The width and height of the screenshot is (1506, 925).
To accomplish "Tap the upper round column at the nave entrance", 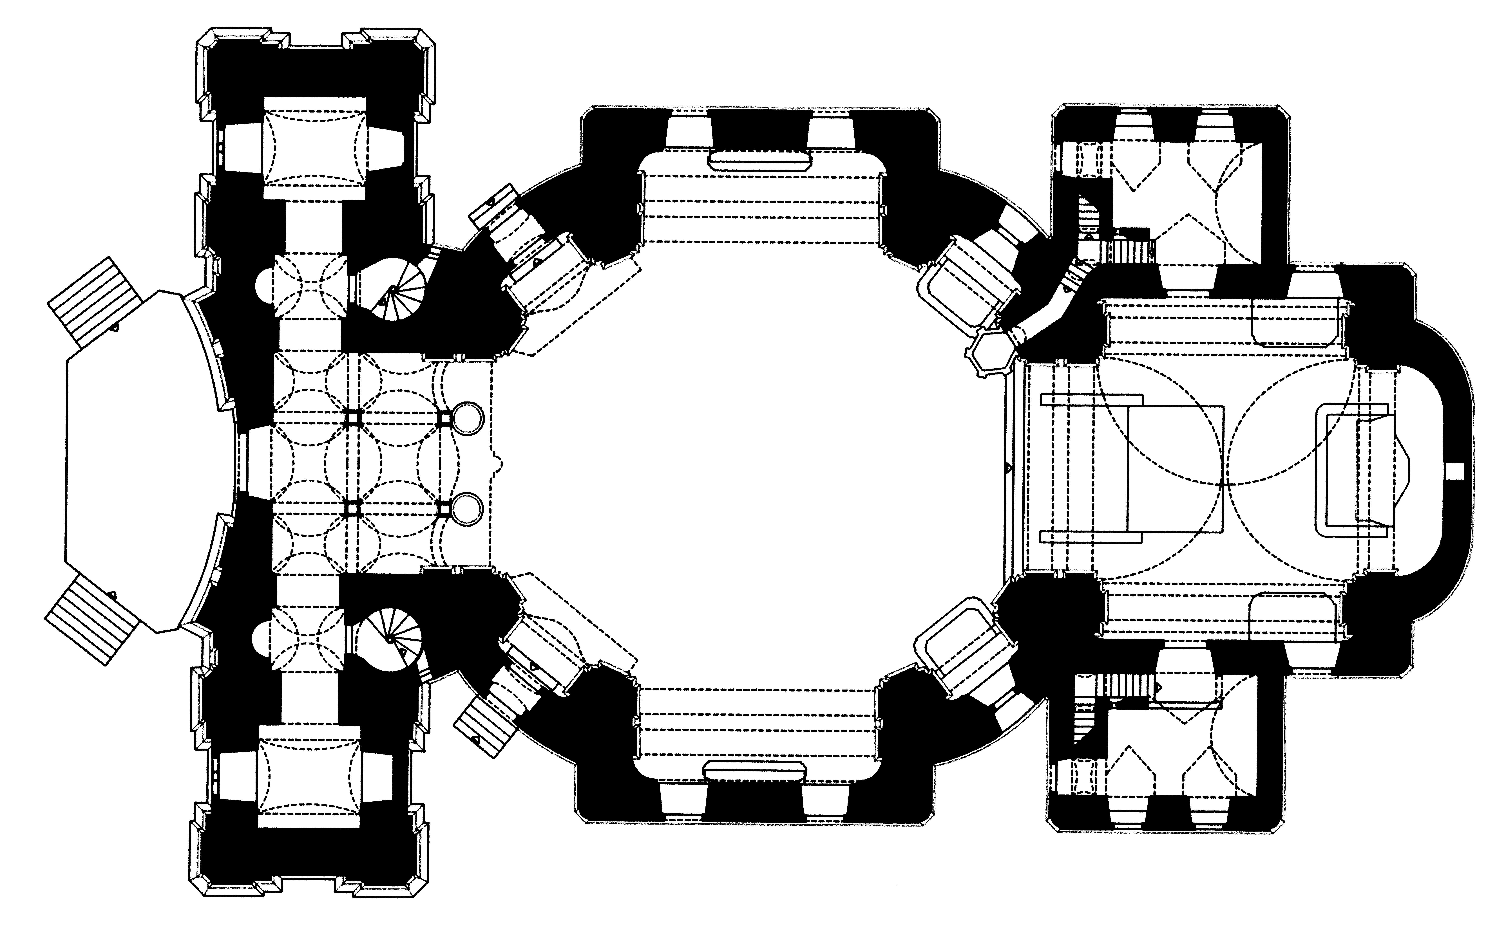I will pyautogui.click(x=468, y=418).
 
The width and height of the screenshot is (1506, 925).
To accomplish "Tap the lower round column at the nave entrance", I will pyautogui.click(x=468, y=508).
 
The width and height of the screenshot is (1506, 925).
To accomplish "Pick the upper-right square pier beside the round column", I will pyautogui.click(x=445, y=418).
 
